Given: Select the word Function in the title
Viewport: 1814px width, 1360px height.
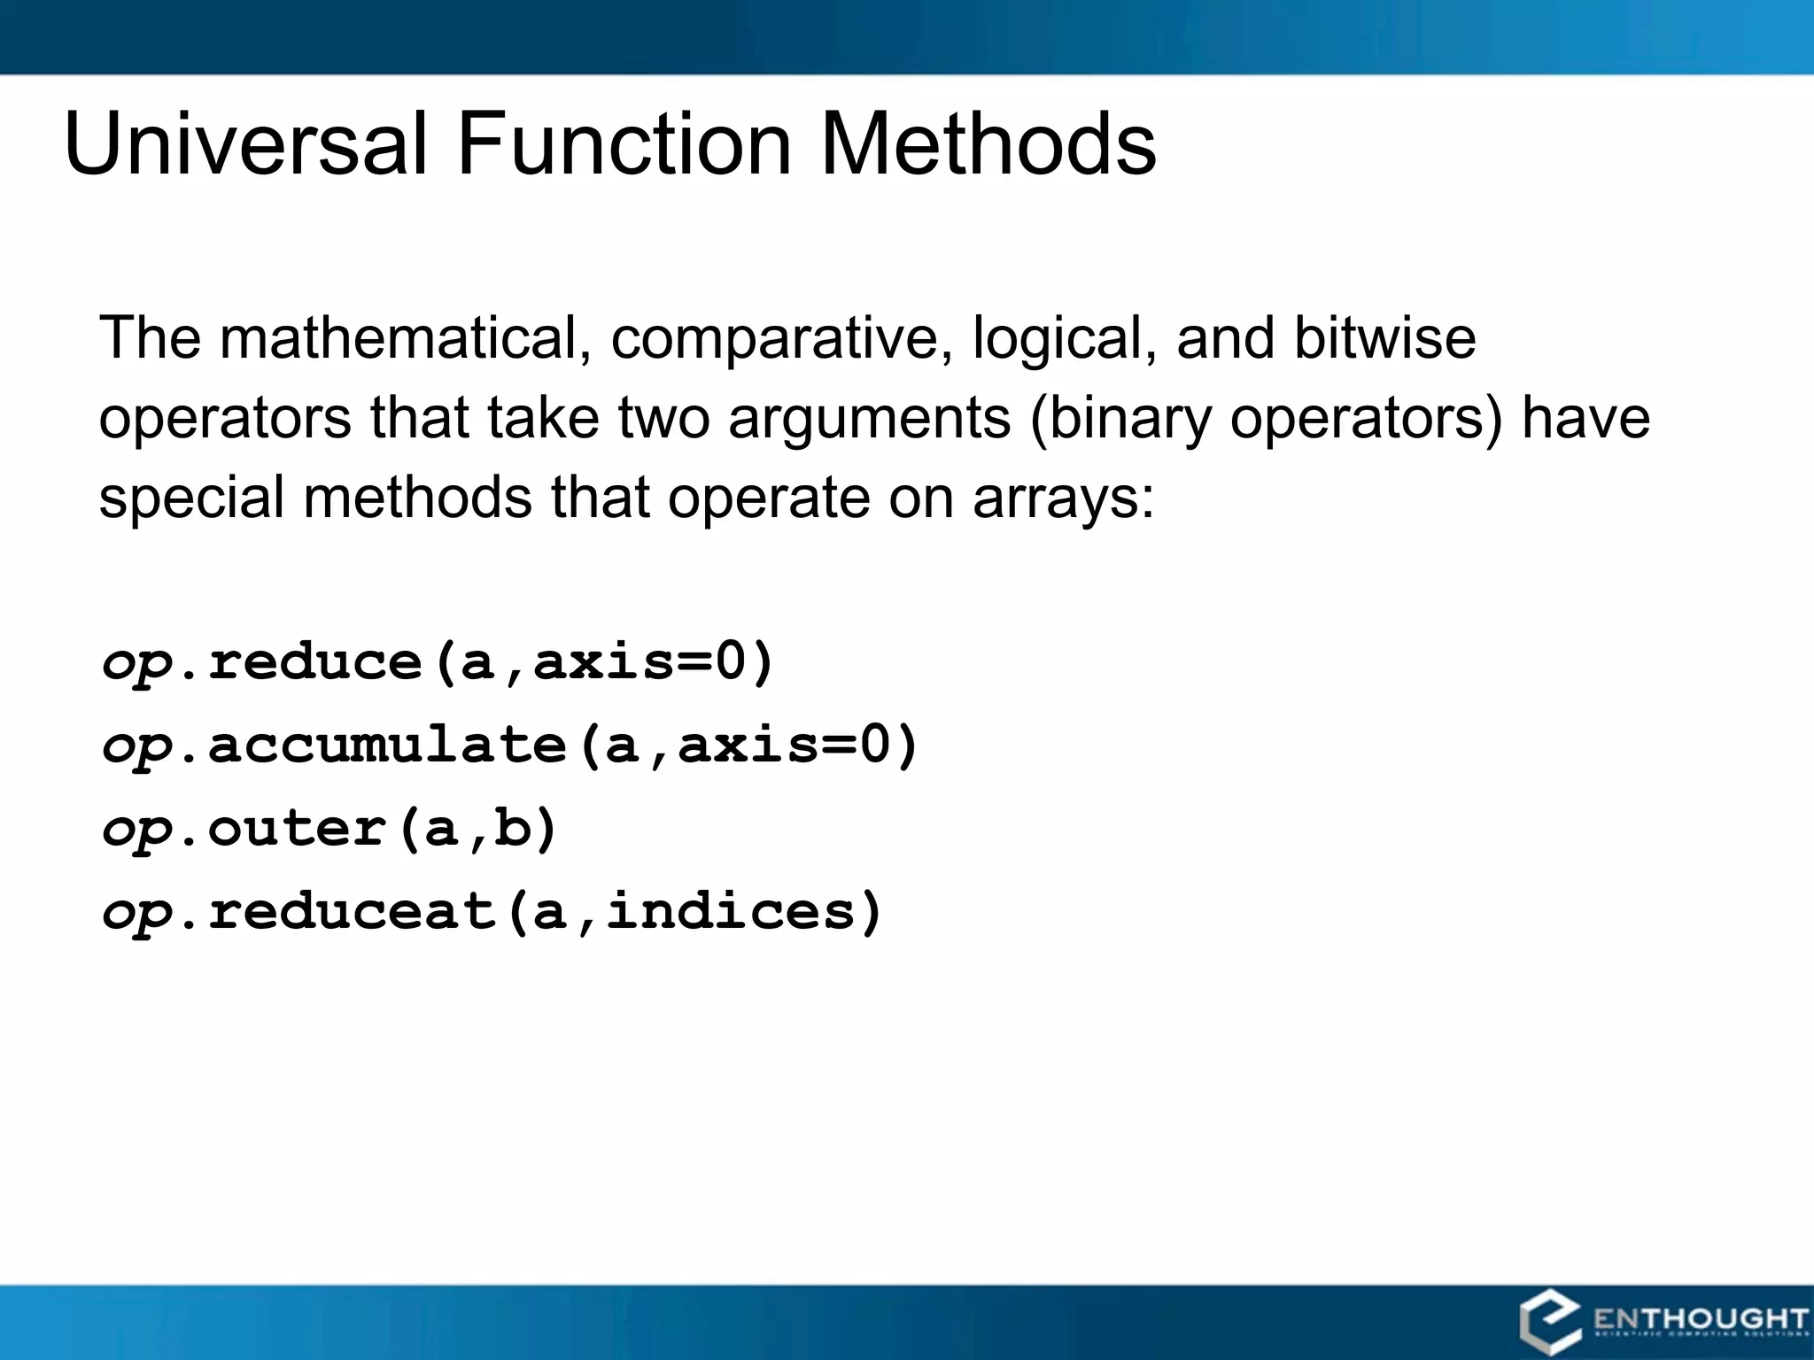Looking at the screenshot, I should click(x=624, y=143).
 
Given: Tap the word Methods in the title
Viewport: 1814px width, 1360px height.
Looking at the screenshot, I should click(x=988, y=143).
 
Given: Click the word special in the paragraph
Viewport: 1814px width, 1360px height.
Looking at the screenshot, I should click(x=190, y=498).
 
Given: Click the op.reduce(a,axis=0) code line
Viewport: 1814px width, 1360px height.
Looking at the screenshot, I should click(x=438, y=662).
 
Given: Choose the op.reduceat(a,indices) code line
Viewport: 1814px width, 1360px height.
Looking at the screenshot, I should click(x=492, y=911).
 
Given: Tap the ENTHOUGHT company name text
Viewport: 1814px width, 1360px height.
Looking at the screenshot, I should click(x=1700, y=1319).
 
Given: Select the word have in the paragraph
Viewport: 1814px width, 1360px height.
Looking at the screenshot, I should click(x=1585, y=419).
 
